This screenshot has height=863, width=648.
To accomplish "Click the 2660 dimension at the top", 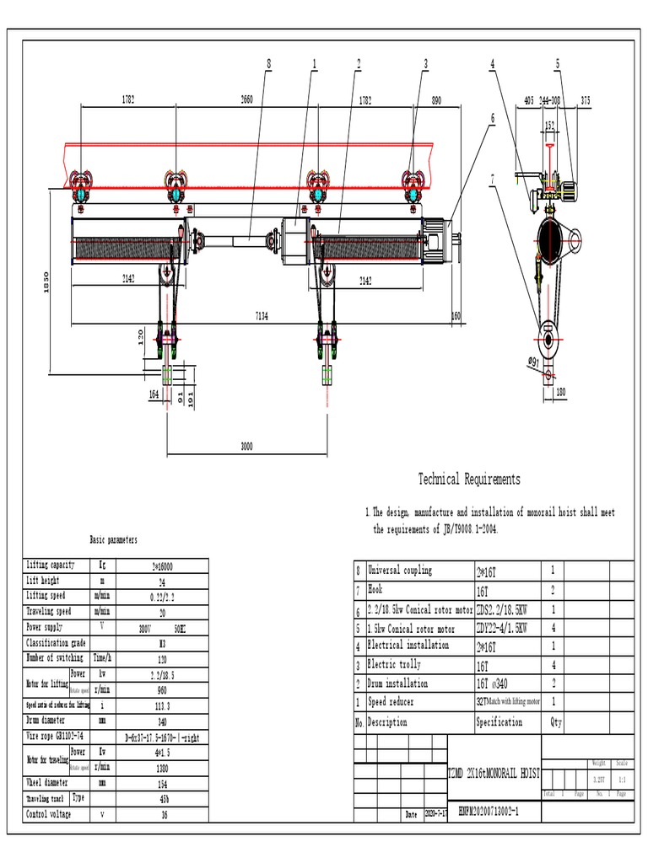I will pos(246,99).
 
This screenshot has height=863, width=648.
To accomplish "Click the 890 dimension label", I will pos(435,99).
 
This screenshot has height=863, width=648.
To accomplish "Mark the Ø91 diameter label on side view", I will pos(534,362).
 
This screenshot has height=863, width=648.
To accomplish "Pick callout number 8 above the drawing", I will pos(269,63).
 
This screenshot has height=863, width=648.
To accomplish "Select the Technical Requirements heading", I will pos(469,480).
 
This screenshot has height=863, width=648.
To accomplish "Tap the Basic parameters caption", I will pos(113,539).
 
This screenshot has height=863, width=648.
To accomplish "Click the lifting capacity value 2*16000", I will pos(162,566).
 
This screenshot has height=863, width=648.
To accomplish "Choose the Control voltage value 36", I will pos(162,815).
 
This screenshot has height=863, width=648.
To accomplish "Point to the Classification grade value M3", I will pos(162,643).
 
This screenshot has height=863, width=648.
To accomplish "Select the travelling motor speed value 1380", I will pos(162,768).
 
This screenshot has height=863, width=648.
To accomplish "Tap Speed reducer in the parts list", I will pos(391,702).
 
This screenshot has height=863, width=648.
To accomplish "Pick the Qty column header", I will pos(556,722).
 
